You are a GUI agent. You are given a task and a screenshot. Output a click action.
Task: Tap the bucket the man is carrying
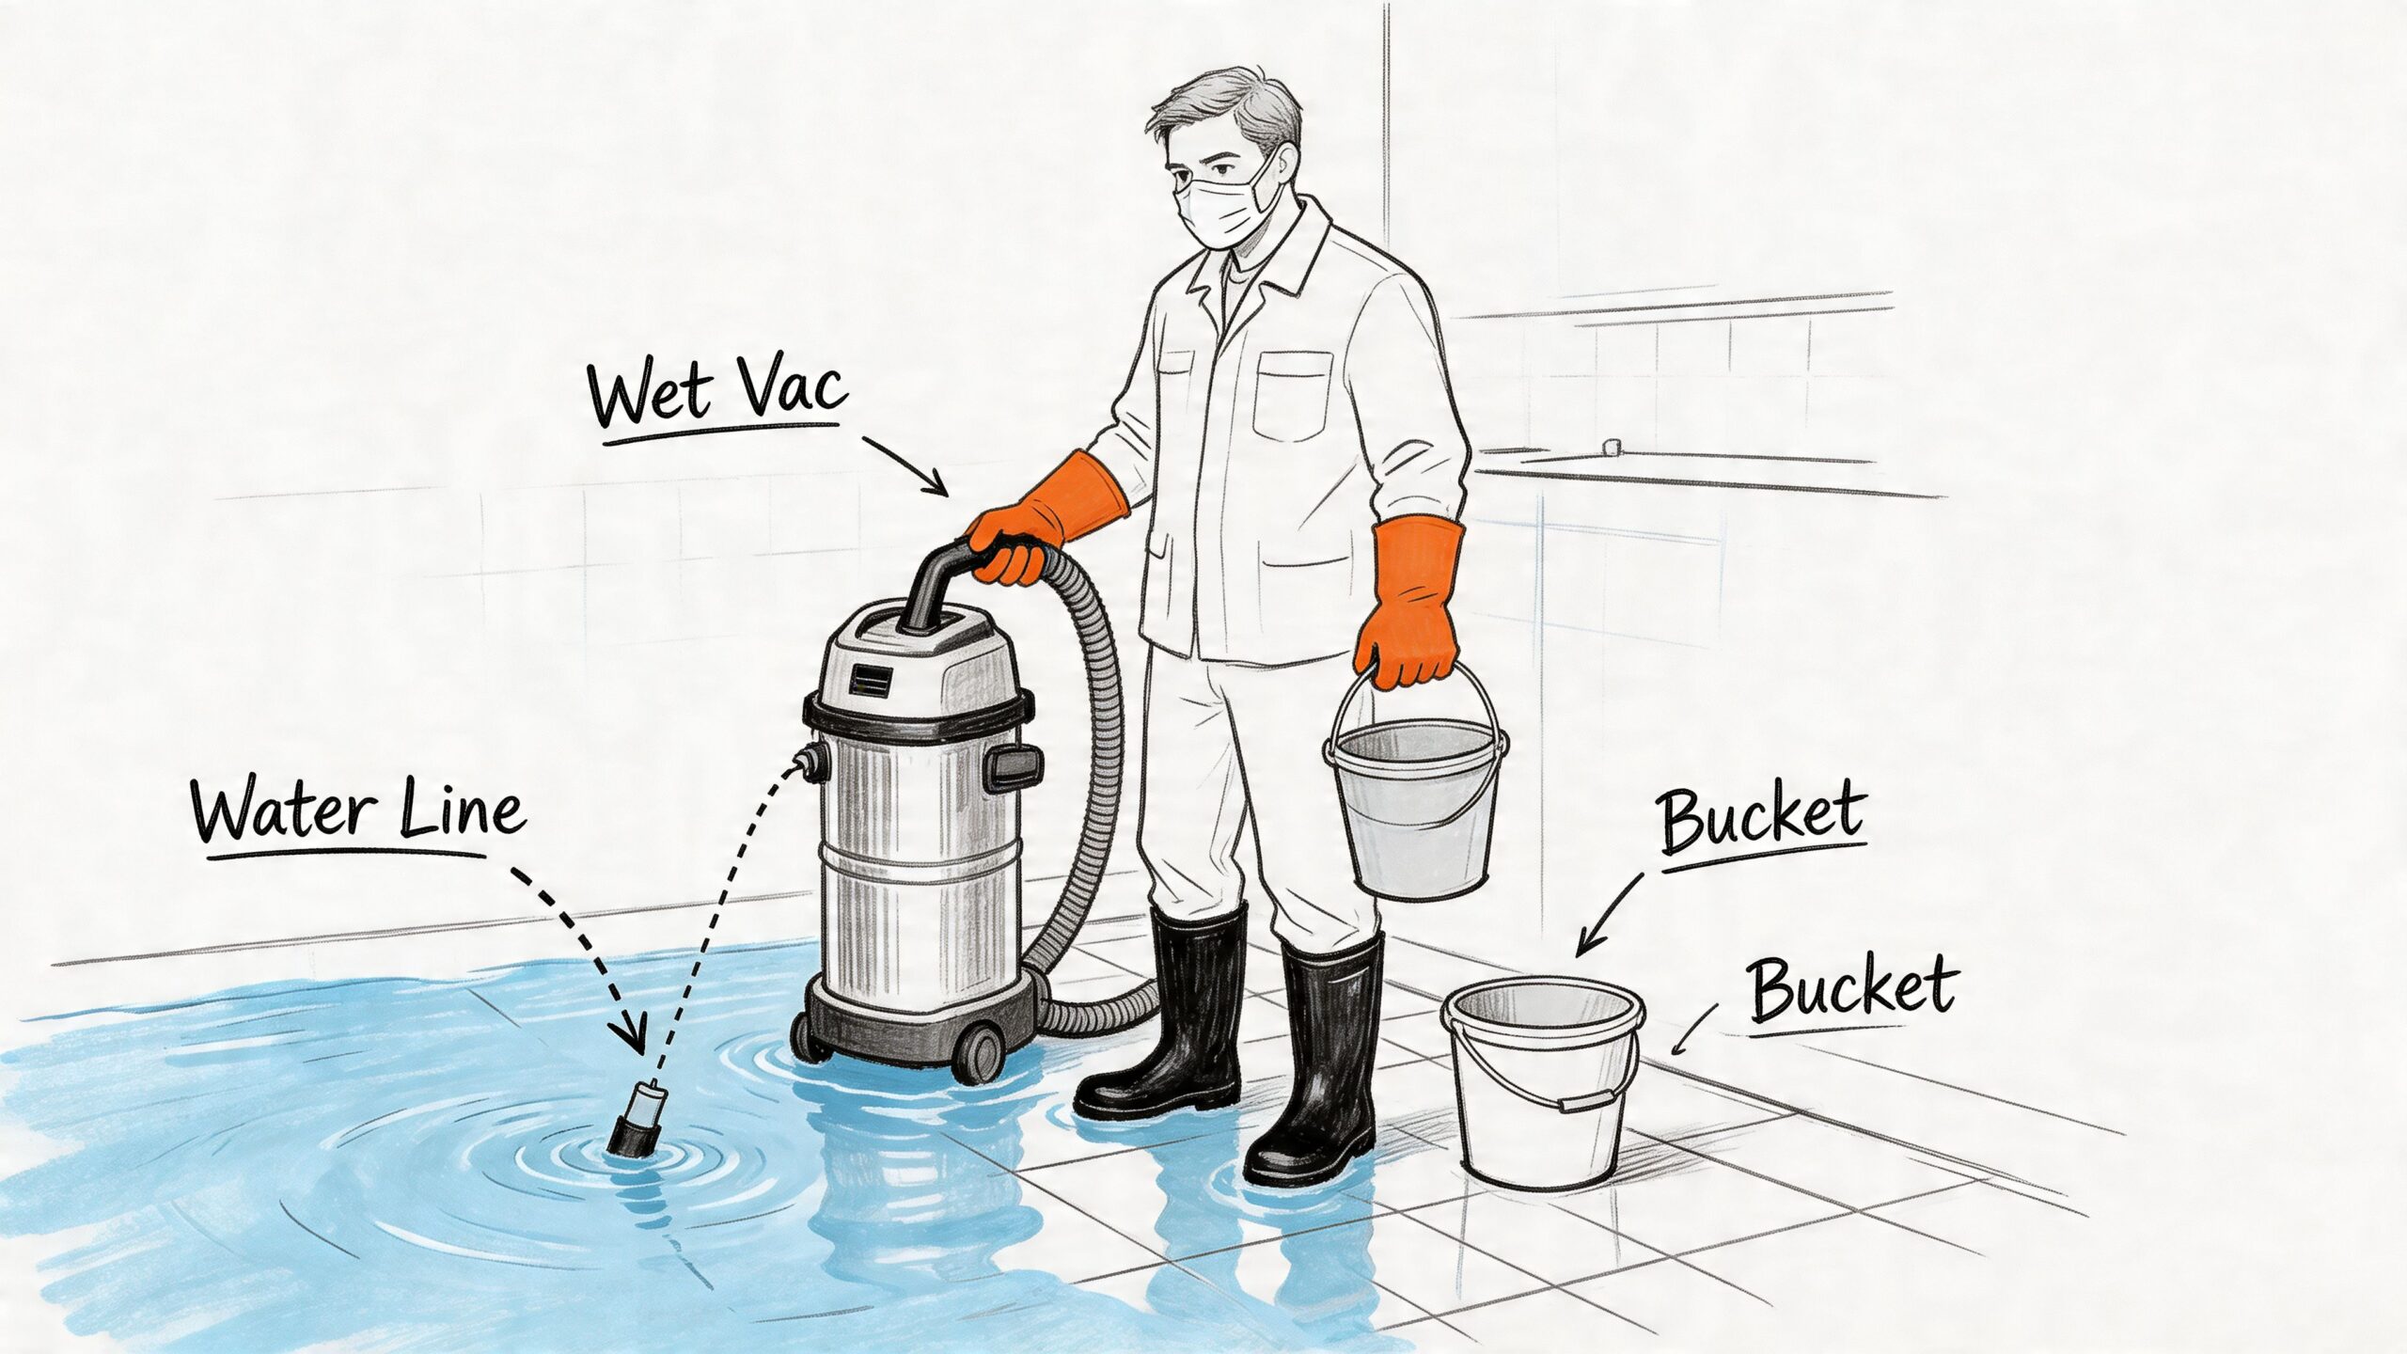[x=1415, y=809]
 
